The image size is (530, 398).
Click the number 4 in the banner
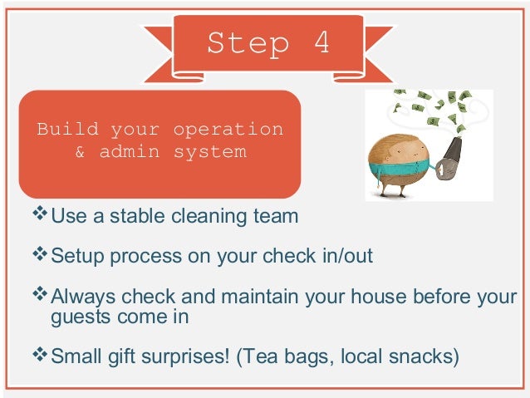tap(321, 43)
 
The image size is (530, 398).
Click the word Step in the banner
tap(247, 43)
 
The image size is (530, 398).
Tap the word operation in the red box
tap(228, 130)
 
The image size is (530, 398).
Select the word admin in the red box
tap(132, 152)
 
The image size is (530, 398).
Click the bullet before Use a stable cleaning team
tap(41, 216)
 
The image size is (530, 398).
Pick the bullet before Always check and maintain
tap(41, 293)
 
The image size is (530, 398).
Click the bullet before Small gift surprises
tap(41, 355)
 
